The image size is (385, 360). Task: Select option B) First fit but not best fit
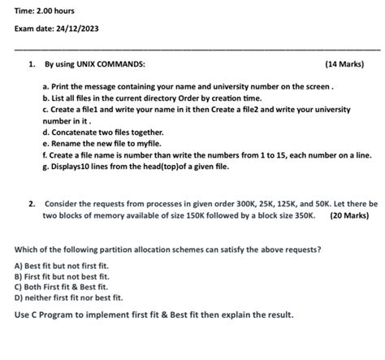64,276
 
